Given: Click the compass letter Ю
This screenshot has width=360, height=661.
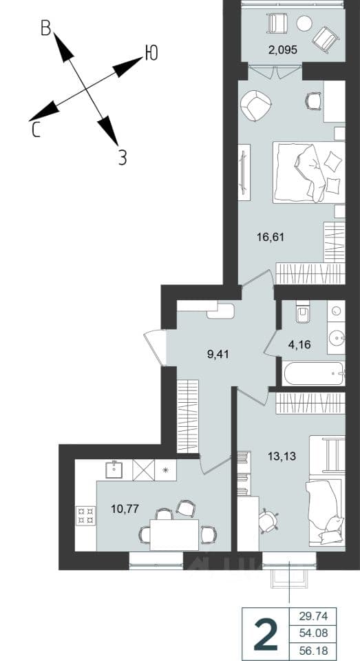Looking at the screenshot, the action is pos(151,53).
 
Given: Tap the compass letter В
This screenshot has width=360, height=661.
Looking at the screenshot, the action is pos(46,28).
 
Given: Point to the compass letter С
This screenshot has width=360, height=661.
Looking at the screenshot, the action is pos(36,130).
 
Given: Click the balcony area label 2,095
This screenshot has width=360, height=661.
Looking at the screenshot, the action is pos(284,50).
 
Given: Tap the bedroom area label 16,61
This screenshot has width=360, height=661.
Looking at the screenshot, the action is pos(271,237).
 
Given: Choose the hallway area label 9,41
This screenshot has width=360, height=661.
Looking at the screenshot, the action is pos(218,354).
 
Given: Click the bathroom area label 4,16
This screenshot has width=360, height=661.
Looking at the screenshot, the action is pos(300,346).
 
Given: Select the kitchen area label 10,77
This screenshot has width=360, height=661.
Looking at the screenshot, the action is pos(125,508).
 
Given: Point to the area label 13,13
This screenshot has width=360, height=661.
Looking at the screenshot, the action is pos(282,456).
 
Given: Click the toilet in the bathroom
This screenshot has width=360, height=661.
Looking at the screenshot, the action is pos(303,312).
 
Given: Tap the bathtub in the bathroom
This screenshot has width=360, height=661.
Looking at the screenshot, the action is pos(314,373).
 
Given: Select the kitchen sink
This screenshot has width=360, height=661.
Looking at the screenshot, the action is pos(114,470).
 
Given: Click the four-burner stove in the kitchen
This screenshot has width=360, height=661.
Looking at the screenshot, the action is pos(85,516).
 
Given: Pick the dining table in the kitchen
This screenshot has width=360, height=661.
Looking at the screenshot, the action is pos(174,534).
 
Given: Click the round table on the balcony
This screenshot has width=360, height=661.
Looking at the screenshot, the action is pos(304,23).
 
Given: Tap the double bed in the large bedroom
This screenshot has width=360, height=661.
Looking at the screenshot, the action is pos(308,172).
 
